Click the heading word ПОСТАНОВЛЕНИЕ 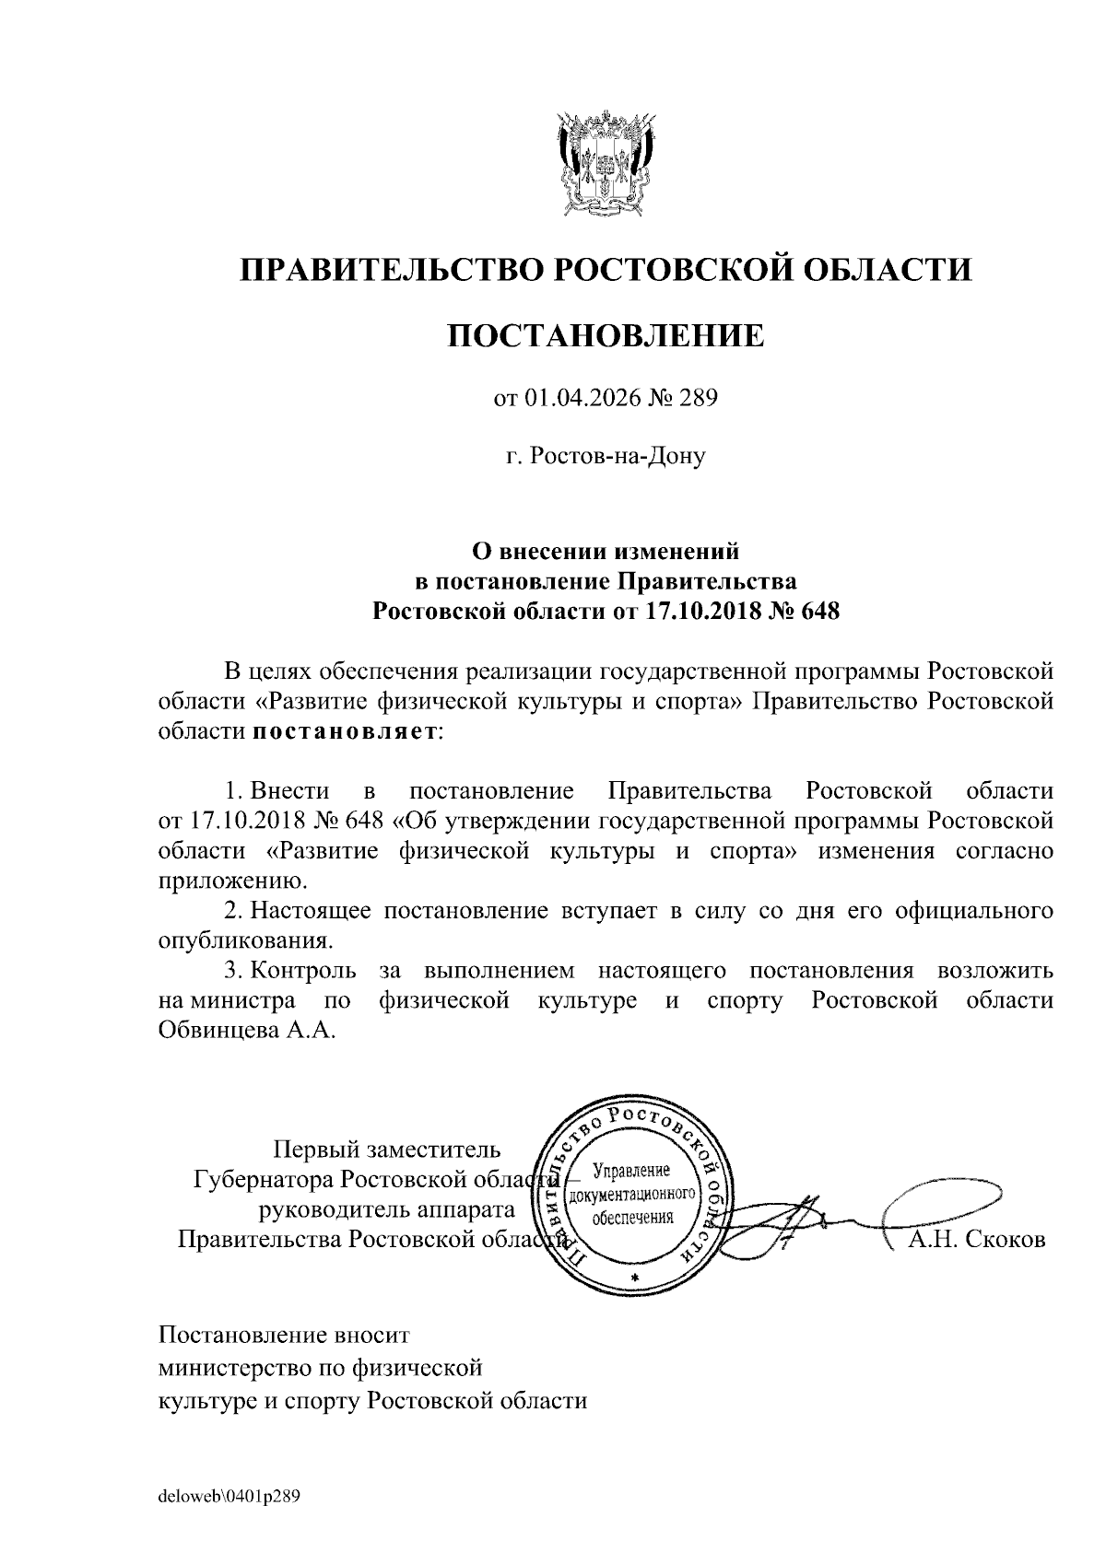pos(606,336)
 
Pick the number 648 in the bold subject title pos(819,611)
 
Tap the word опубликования pos(244,941)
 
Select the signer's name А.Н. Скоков pos(976,1240)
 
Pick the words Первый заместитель pos(387,1150)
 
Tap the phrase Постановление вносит pos(284,1334)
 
